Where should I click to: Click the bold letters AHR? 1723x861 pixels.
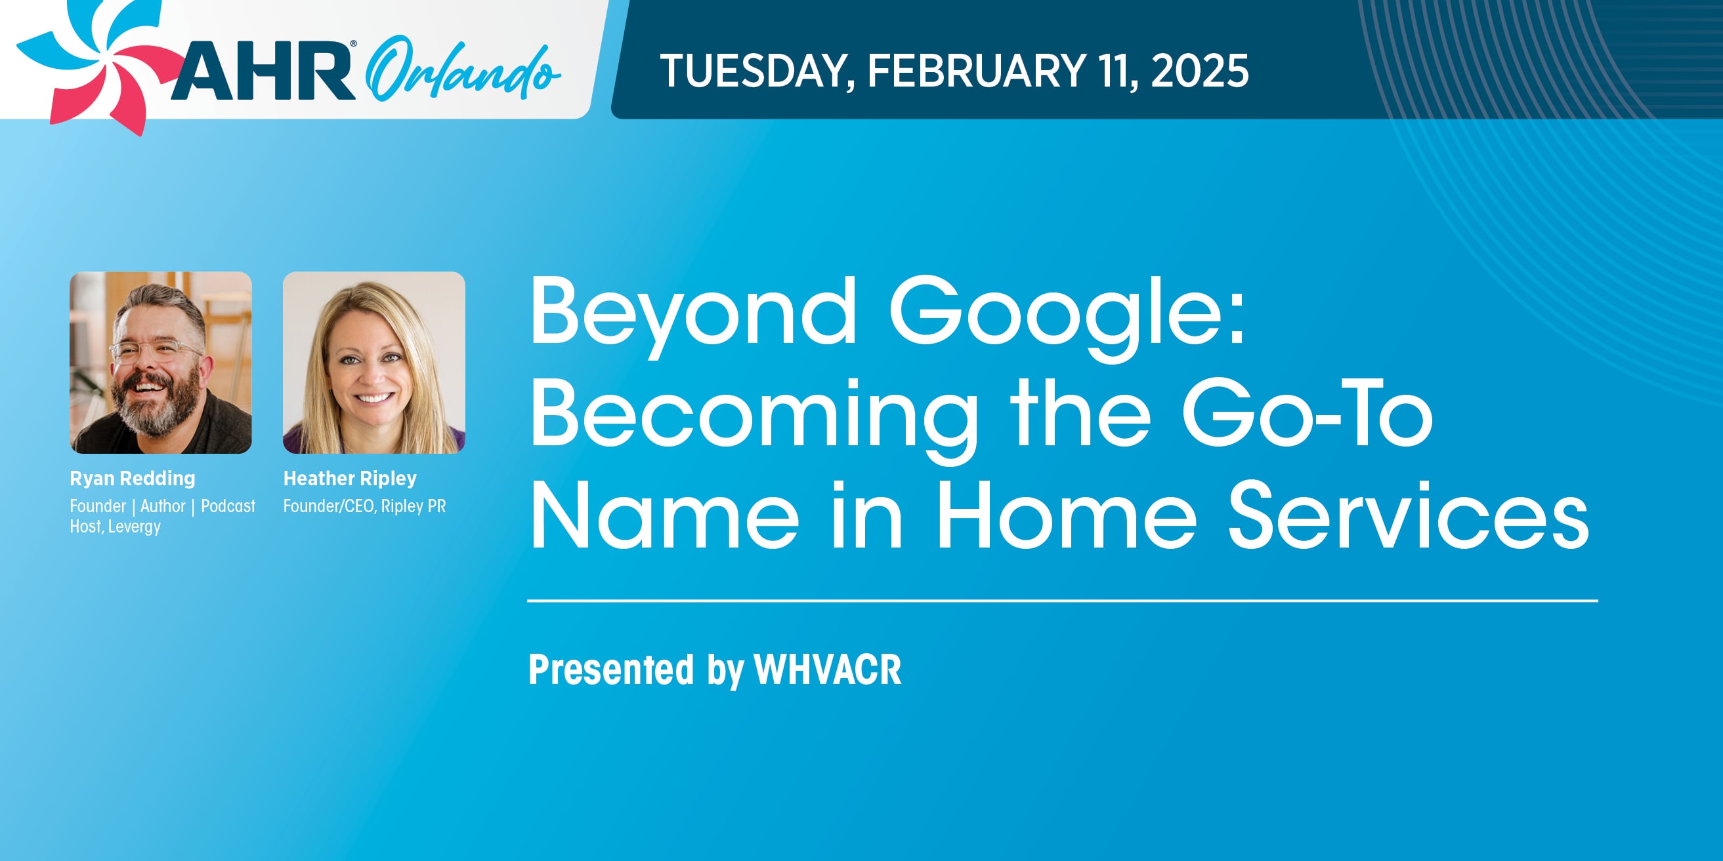click(263, 71)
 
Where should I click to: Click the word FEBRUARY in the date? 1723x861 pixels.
click(977, 71)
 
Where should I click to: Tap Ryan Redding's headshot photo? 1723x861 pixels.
click(161, 363)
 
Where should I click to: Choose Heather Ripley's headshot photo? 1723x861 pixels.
click(374, 363)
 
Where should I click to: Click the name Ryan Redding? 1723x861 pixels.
click(133, 479)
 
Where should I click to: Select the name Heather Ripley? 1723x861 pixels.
click(350, 479)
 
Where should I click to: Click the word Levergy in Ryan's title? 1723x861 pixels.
click(134, 527)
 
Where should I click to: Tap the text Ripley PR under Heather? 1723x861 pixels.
click(414, 506)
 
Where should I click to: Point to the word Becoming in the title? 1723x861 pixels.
click(754, 417)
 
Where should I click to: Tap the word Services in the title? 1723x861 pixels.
click(1409, 515)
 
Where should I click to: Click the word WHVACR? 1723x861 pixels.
click(828, 669)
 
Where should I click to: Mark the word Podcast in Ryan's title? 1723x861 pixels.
click(228, 506)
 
